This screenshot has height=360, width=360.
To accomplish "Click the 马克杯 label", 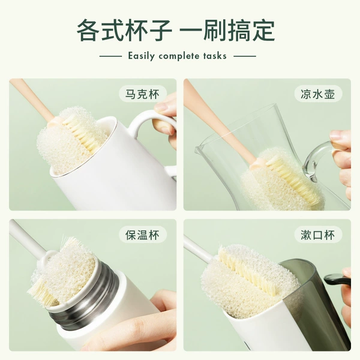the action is (143, 94).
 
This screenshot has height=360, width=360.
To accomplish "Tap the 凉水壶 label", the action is (318, 94).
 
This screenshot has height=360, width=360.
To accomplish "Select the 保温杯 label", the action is (143, 235).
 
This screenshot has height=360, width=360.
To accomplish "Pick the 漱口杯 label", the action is (318, 235).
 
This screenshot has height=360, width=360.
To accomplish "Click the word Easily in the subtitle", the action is (141, 56).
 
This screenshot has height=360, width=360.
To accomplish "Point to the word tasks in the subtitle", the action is (215, 56).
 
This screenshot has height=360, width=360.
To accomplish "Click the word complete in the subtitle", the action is (179, 56).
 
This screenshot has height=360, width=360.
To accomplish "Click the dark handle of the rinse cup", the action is (337, 280).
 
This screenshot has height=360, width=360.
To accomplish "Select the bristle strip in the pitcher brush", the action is (292, 178).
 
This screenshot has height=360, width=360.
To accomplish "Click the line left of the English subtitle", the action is (110, 56).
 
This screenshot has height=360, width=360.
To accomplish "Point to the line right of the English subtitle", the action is (245, 56).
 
